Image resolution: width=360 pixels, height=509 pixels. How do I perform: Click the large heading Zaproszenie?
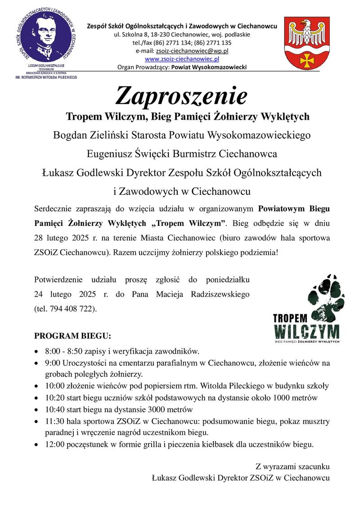click(x=182, y=95)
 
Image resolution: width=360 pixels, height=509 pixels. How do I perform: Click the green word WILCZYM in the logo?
click(x=306, y=331)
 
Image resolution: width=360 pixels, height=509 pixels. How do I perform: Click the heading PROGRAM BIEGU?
click(x=72, y=336)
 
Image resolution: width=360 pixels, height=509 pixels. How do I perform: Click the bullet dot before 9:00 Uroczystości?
click(x=36, y=363)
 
